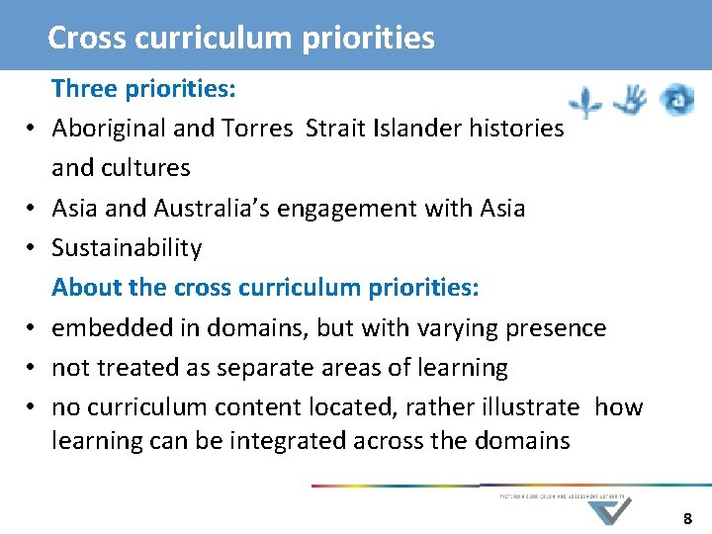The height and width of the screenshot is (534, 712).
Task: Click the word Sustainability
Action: [127, 248]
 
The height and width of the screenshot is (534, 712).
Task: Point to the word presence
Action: [558, 327]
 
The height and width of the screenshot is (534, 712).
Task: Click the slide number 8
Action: [689, 518]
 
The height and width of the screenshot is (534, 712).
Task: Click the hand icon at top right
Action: [630, 100]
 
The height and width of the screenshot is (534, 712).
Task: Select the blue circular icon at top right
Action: [677, 100]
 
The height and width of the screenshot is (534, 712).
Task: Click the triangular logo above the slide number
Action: [610, 511]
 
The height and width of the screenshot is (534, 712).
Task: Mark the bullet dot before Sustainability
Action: [32, 249]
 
